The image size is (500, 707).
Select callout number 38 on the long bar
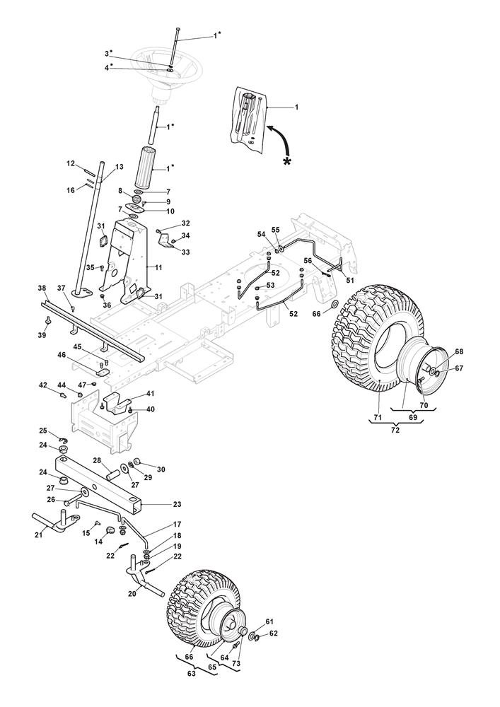tap(42, 288)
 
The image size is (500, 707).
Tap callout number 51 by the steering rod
tap(351, 279)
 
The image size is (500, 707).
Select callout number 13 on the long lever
tap(119, 167)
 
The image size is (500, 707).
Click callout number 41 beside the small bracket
tap(150, 393)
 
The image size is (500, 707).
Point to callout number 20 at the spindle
tap(132, 594)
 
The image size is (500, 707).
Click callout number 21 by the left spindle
tap(39, 536)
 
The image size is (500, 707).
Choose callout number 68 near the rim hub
tap(459, 352)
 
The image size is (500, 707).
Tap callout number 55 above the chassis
tap(276, 230)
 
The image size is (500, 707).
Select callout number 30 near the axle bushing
tap(161, 469)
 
